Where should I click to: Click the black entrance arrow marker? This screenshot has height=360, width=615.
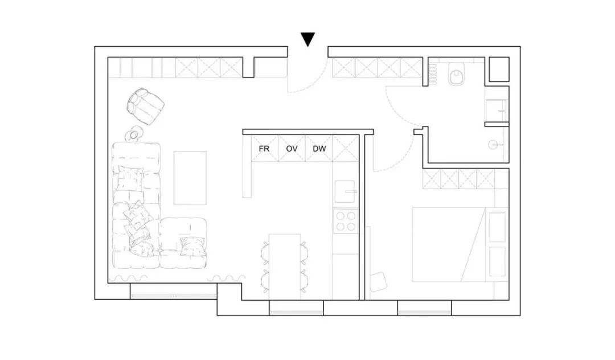click(307, 39)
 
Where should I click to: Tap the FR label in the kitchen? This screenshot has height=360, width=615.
click(264, 149)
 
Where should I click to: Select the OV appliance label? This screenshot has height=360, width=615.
click(292, 149)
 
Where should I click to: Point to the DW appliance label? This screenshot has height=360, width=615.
click(319, 149)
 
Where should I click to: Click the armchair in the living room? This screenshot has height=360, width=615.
click(145, 105)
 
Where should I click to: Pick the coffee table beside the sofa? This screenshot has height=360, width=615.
click(190, 177)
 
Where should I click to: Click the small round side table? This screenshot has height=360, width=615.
click(134, 134)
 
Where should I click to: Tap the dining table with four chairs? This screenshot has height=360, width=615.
click(284, 266)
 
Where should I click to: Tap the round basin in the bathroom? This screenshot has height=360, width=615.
click(493, 145)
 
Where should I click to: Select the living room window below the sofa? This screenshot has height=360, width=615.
click(173, 293)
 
